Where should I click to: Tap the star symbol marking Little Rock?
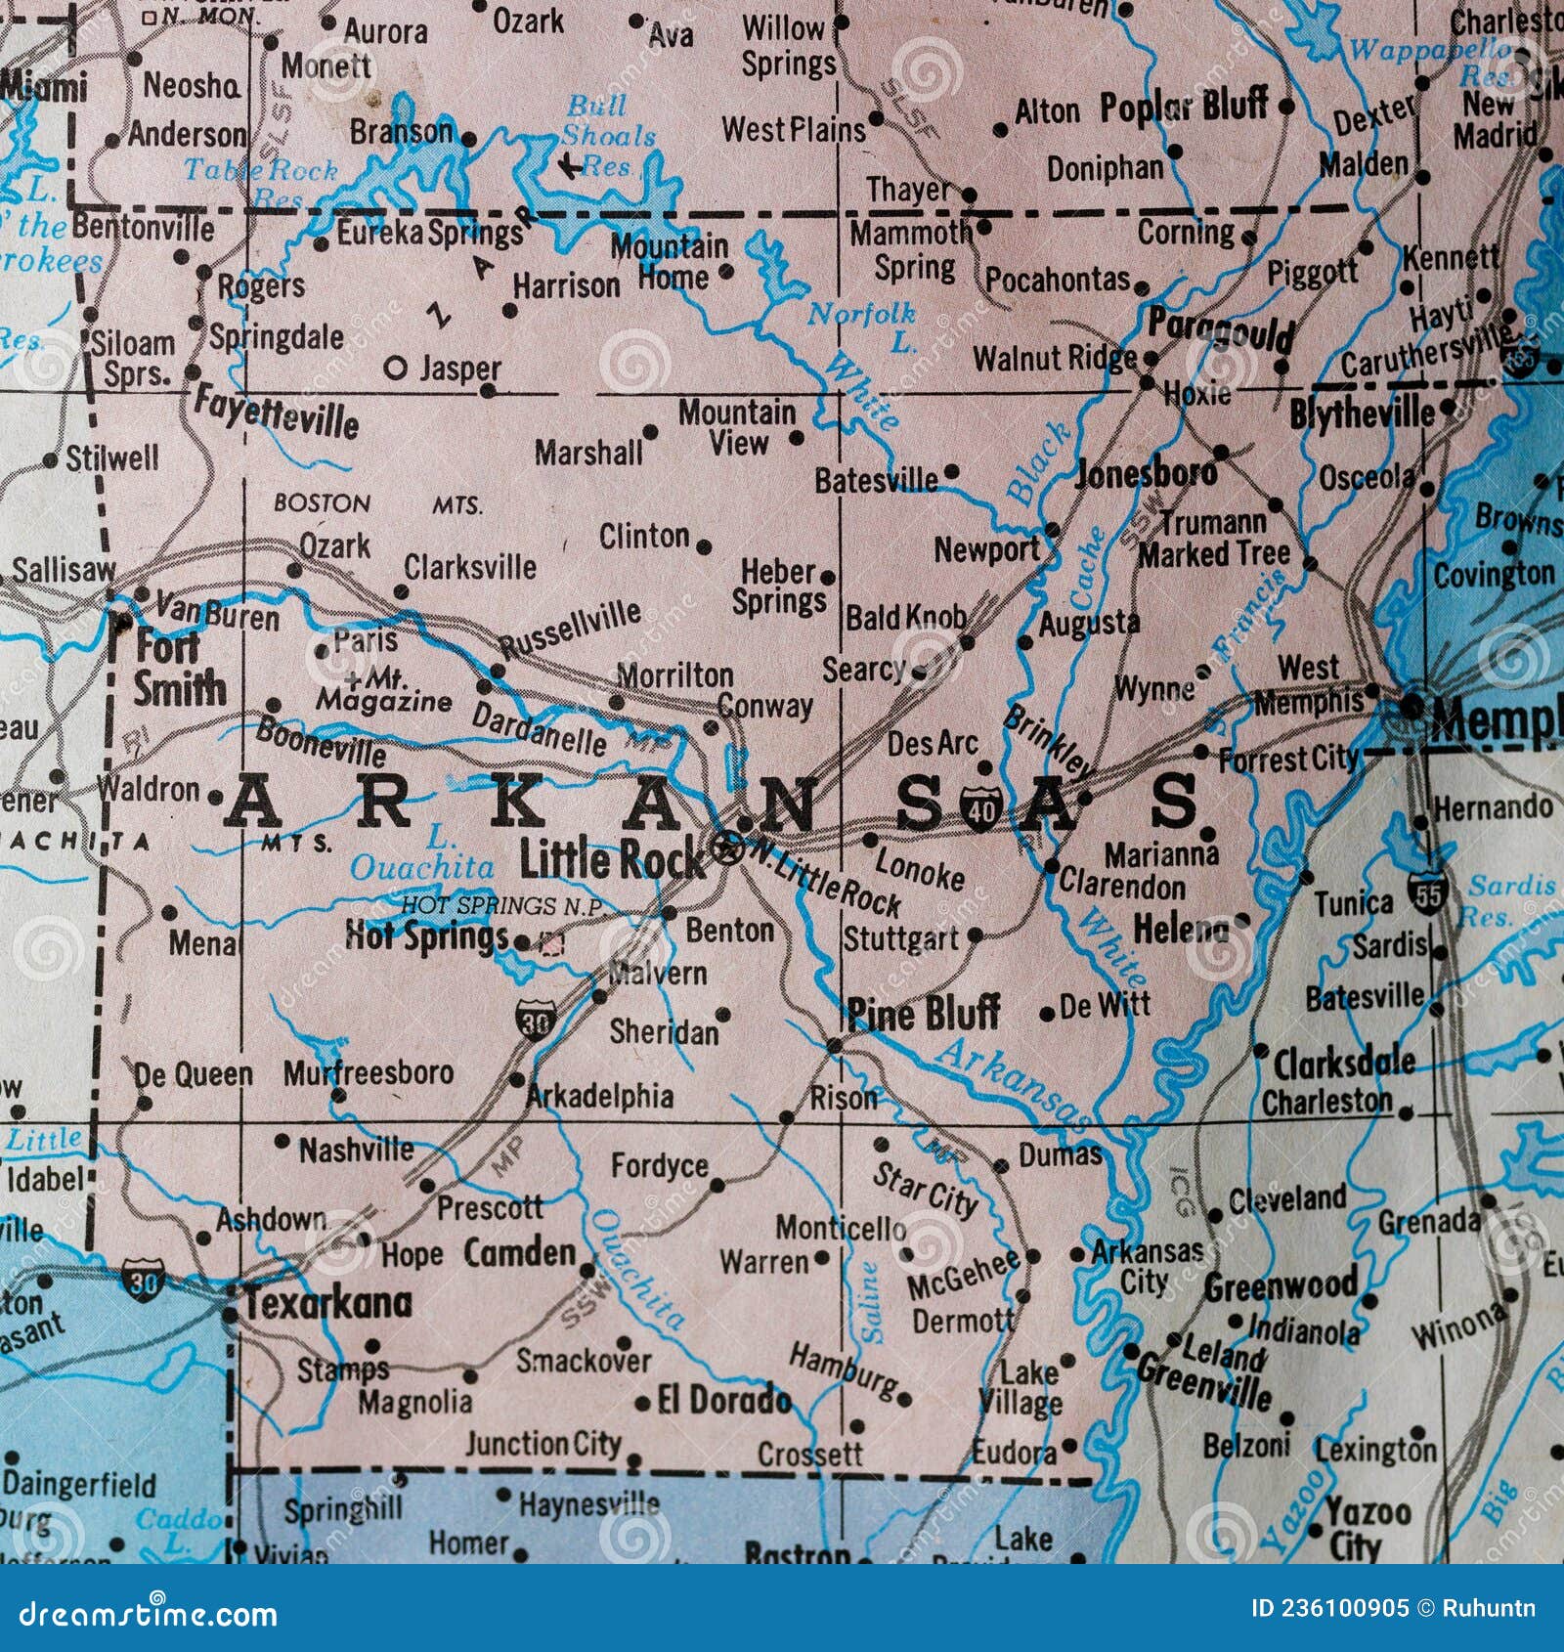click(727, 848)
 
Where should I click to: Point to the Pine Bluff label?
click(924, 1013)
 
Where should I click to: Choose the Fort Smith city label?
click(178, 668)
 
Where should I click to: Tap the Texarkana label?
click(327, 1303)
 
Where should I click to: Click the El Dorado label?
click(723, 1400)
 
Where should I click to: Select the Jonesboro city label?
click(1146, 473)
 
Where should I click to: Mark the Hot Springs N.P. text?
click(504, 906)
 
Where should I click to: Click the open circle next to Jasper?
click(396, 369)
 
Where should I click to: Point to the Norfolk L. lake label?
click(862, 326)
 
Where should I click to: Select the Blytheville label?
click(1362, 414)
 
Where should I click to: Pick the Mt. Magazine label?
click(384, 691)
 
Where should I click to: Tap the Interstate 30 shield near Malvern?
click(535, 1019)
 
